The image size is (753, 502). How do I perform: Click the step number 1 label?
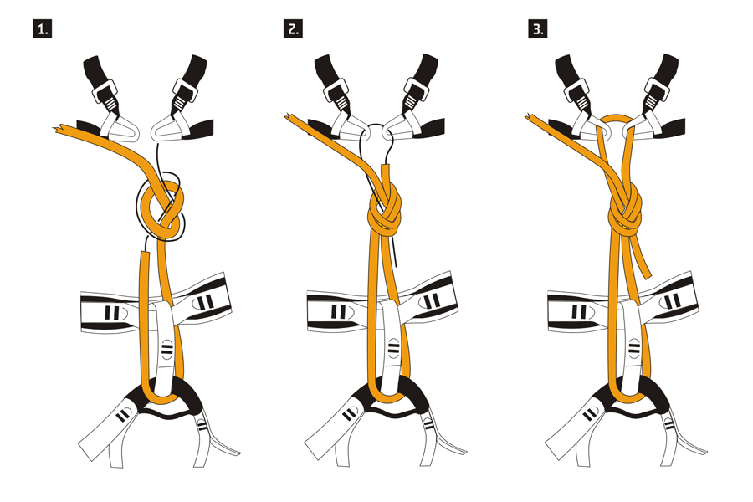43,28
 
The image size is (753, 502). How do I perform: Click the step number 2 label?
293,28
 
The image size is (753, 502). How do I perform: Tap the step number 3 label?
537,28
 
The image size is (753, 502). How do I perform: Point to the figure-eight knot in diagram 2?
385,213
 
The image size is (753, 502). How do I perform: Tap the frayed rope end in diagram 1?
58,129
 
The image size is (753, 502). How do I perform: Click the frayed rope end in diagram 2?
290,117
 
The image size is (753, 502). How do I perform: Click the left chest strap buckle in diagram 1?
105,91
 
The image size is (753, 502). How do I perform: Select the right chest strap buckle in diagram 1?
185,91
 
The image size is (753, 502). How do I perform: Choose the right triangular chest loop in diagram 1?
169,128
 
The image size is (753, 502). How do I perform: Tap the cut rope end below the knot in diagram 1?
145,254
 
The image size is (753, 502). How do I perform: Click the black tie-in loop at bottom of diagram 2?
388,398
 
